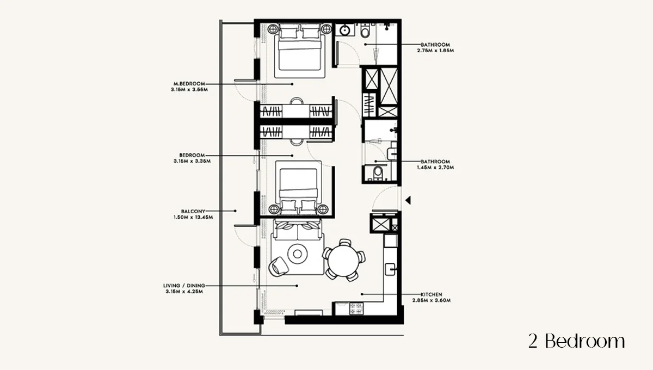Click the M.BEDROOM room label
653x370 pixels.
pyautogui.click(x=189, y=84)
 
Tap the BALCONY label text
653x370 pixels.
pyautogui.click(x=193, y=211)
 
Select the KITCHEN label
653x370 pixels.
pyautogui.click(x=431, y=294)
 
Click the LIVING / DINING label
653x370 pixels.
pyautogui.click(x=184, y=286)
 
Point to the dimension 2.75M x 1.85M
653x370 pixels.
pyautogui.click(x=435, y=51)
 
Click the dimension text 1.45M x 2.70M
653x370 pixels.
pyautogui.click(x=435, y=168)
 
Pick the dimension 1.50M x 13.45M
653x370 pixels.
pyautogui.click(x=193, y=217)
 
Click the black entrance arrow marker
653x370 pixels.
pyautogui.click(x=408, y=200)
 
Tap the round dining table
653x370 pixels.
pyautogui.click(x=344, y=260)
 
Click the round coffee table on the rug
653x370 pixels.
pyautogui.click(x=297, y=254)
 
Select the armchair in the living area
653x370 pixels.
pyautogui.click(x=278, y=267)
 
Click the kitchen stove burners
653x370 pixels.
pyautogui.click(x=356, y=309)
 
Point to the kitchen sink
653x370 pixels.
pyautogui.click(x=390, y=269)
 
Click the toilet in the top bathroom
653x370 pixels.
pyautogui.click(x=365, y=30)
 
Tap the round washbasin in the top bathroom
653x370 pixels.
pyautogui.click(x=345, y=30)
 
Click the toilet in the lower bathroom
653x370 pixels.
pyautogui.click(x=378, y=172)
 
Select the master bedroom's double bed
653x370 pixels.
pyautogui.click(x=299, y=51)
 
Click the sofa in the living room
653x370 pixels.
pyautogui.click(x=297, y=230)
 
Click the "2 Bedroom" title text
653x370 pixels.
pyautogui.click(x=577, y=341)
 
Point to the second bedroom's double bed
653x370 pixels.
pyautogui.click(x=299, y=187)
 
